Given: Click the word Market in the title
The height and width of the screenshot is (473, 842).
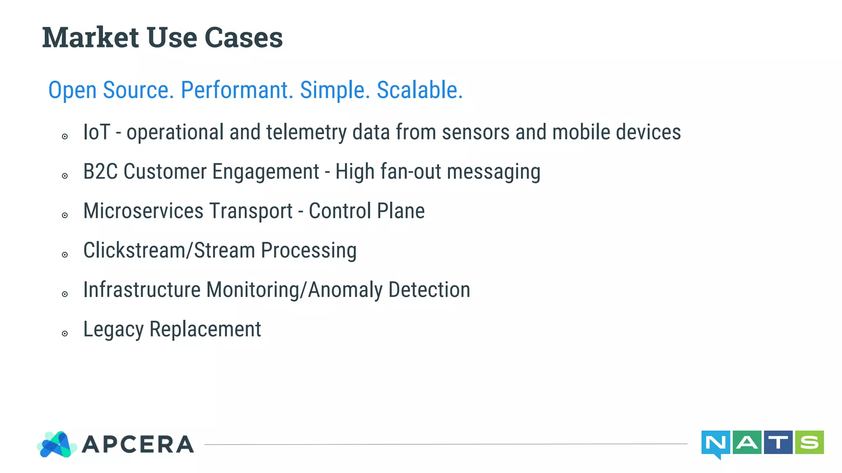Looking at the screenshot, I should coord(90,37).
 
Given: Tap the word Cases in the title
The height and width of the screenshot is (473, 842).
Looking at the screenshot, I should coord(243,37).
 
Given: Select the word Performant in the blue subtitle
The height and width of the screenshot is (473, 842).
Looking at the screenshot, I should coord(237,90).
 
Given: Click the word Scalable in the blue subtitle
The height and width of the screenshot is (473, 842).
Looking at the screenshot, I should coord(419,90).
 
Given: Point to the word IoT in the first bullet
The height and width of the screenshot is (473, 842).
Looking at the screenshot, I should coord(97,132).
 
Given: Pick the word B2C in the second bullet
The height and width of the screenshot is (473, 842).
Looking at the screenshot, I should coord(100,172).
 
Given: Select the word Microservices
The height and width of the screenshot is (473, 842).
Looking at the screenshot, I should coord(143,211).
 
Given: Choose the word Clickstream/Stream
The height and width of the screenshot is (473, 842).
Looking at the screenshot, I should coord(169,250).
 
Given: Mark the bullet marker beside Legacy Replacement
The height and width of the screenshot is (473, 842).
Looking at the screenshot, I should coord(65,333).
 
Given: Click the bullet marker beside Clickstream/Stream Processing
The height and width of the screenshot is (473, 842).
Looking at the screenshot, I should coord(65,255).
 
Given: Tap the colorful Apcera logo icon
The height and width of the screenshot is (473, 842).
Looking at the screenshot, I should coord(57,444).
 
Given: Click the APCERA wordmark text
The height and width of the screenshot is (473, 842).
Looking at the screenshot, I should coord(138,445).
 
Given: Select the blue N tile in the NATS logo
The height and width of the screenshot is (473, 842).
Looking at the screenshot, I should coord(715,443).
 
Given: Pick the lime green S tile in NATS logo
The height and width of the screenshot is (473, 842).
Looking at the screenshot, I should coord(809,442).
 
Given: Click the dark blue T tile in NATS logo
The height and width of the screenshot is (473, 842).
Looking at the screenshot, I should coord(778,442).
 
